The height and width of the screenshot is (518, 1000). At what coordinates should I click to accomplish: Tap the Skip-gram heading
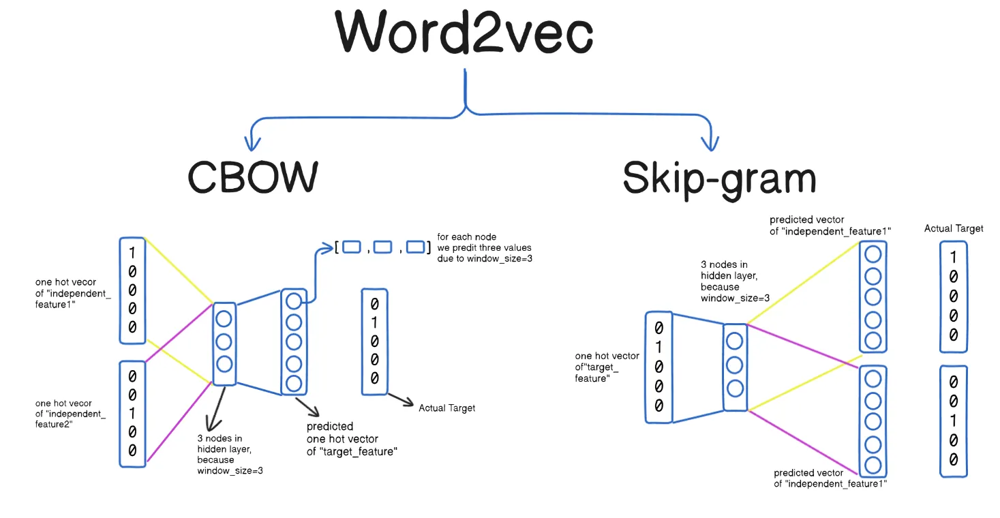pos(719,179)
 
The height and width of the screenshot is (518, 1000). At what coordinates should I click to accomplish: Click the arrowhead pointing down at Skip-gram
pos(711,143)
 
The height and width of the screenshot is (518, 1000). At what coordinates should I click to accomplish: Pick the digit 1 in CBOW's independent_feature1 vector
pos(132,254)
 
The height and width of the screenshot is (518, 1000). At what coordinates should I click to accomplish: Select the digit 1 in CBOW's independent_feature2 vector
pos(132,413)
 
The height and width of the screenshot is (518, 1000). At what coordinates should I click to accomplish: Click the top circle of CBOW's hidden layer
pos(224,319)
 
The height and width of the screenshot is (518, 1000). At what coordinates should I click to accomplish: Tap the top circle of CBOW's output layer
pos(294,301)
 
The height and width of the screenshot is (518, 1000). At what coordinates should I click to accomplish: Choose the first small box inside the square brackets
pos(351,247)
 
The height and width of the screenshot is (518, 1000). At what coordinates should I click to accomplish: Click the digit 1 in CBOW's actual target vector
pos(374,322)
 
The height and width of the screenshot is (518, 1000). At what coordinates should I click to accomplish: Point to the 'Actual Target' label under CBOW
pos(446,408)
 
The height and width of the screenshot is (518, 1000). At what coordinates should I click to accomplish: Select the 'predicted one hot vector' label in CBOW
pos(352,438)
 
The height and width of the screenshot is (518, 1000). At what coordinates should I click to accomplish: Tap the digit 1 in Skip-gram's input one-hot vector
pos(658,348)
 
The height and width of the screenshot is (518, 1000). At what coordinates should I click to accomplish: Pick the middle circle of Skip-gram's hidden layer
pos(734,365)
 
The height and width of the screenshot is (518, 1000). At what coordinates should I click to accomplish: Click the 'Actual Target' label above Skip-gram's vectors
pos(954,228)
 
